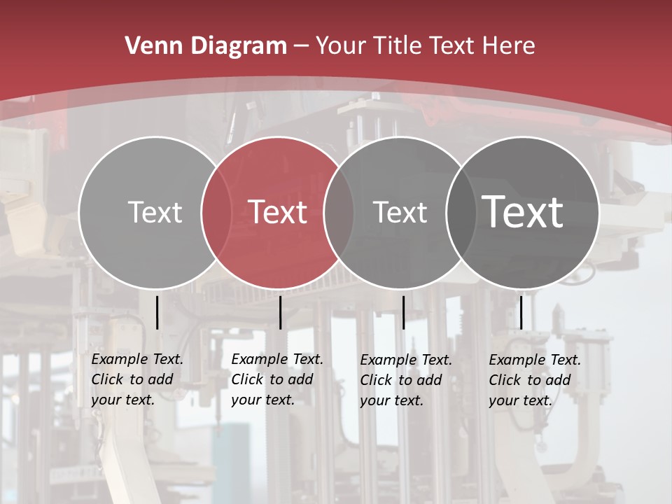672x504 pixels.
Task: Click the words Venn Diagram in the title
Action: coord(206,46)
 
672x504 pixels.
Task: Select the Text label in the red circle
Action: coord(277,212)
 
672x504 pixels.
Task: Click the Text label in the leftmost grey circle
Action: coord(155,212)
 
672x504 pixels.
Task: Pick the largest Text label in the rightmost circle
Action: coord(522,211)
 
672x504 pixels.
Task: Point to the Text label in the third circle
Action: coord(400,212)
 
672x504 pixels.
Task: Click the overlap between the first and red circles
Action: coord(216,212)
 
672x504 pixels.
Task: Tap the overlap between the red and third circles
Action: coord(339,212)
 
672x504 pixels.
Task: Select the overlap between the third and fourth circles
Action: coord(461,212)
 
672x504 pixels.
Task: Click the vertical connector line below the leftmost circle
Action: coord(157,312)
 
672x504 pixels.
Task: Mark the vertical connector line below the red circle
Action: coord(280,312)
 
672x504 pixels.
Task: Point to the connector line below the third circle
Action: coord(403,312)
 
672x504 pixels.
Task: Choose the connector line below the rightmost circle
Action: coord(521,312)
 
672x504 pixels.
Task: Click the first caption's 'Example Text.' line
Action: coord(137,359)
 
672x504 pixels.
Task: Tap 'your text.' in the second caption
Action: coord(262,400)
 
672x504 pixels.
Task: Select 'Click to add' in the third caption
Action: coord(401,380)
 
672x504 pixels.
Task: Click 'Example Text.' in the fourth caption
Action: coord(535,360)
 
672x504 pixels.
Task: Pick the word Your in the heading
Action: coord(340,46)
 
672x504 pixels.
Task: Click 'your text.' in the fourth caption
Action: coord(520,400)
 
